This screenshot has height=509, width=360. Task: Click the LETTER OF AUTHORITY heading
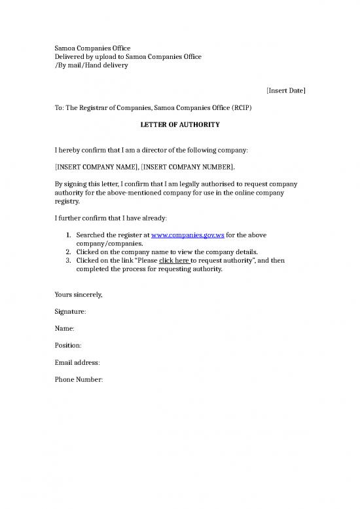coord(180,124)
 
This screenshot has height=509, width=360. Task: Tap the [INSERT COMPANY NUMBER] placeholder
coord(187,167)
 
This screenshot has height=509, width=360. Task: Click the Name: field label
coord(64,328)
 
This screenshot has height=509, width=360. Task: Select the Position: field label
coord(68,345)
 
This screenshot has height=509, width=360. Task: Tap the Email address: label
coord(77,362)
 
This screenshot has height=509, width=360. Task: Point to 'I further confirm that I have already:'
coord(113,217)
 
